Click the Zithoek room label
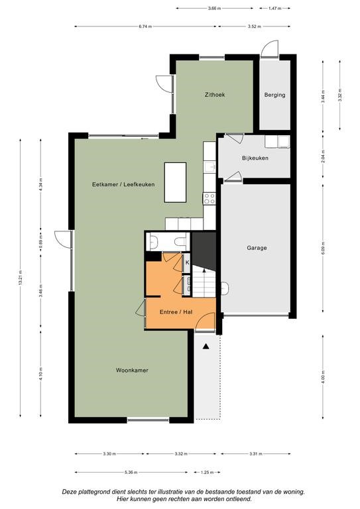(x=215, y=95)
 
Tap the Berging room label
(x=274, y=95)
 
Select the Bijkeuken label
(x=255, y=158)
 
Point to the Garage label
(x=257, y=248)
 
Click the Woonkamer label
(x=132, y=370)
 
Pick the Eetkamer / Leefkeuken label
(x=123, y=184)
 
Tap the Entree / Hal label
(x=176, y=312)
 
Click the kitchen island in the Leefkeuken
(x=175, y=182)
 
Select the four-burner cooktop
(x=210, y=198)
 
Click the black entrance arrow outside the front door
(x=206, y=347)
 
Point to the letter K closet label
(x=188, y=262)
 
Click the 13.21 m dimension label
(x=21, y=278)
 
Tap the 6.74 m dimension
(x=145, y=27)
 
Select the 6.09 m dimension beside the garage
(x=323, y=249)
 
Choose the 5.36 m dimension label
(x=131, y=473)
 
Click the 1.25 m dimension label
(x=208, y=473)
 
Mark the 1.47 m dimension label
(x=274, y=9)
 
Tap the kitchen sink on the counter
(x=210, y=167)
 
